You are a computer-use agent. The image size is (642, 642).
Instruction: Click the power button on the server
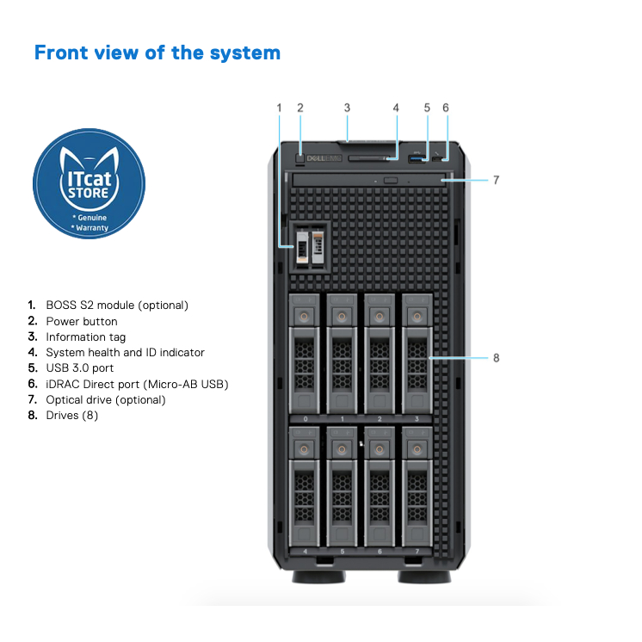coord(299,157)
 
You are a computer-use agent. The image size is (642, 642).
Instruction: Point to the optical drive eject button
coord(390,180)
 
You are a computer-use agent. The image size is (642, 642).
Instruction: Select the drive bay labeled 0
coord(304,353)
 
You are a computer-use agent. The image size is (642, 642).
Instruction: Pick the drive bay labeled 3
coord(417,353)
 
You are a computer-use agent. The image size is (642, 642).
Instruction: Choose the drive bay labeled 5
coord(342,487)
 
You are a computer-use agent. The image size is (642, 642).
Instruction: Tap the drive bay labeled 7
coord(417,487)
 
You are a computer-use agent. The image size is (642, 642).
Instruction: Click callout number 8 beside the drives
coord(497,358)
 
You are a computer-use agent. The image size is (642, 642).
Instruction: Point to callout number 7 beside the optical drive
coord(497,181)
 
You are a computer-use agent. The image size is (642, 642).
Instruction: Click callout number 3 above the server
coord(347,108)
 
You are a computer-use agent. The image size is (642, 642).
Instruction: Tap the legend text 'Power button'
coord(82,321)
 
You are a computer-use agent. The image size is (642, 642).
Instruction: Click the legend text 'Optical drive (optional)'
coord(106,399)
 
